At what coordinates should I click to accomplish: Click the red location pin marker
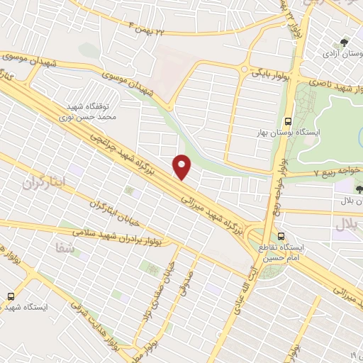click(183, 167)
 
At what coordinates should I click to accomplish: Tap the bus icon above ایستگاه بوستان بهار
click(288, 121)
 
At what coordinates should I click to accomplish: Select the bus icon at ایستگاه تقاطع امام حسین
click(282, 236)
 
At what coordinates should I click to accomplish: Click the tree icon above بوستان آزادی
click(345, 42)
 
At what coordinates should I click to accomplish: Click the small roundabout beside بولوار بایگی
click(246, 69)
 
